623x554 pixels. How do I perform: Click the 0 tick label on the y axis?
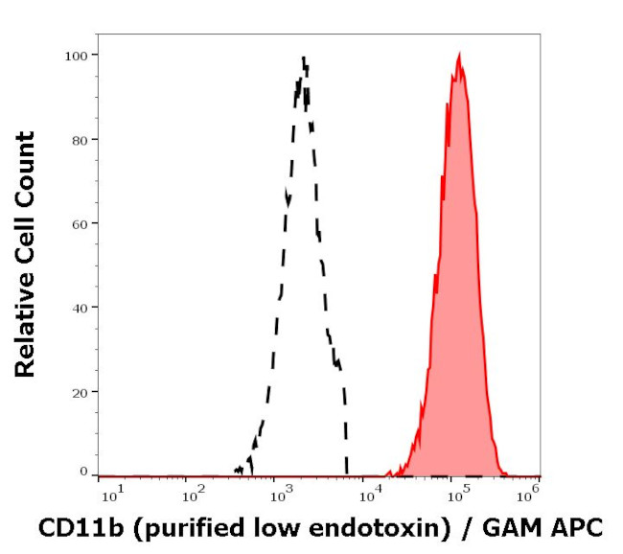pyautogui.click(x=83, y=472)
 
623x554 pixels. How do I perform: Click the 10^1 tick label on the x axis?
pyautogui.click(x=111, y=495)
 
